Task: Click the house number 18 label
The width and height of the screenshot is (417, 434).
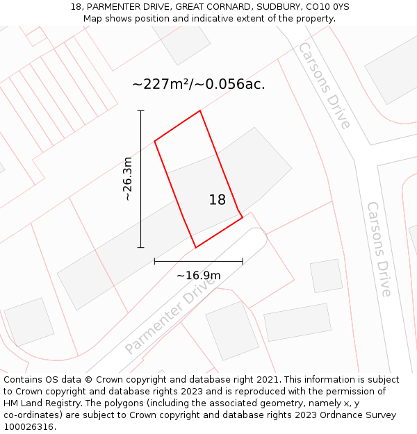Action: [x=218, y=200]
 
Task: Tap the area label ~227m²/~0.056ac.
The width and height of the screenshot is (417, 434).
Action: [x=199, y=85]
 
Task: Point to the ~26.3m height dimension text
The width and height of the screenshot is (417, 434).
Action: [x=127, y=179]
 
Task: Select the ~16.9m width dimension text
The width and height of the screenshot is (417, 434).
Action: [x=199, y=276]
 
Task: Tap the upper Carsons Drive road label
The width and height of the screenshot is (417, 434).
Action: [x=324, y=85]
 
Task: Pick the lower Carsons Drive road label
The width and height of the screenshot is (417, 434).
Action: [x=379, y=249]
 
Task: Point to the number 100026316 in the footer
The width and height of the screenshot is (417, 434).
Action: [x=28, y=426]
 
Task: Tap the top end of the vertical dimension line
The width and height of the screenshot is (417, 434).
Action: [x=141, y=110]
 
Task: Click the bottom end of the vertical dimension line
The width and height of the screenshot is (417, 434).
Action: [x=141, y=247]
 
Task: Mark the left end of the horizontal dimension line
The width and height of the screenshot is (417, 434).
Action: [x=154, y=262]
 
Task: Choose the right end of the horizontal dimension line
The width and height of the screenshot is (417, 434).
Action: [x=243, y=262]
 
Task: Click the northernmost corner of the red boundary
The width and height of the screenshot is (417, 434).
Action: [x=200, y=110]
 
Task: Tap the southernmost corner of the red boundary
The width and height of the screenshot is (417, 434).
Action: [x=196, y=247]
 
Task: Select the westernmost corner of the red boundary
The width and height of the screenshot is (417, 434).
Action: [x=154, y=141]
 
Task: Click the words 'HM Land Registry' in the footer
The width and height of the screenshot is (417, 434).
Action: [x=42, y=403]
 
